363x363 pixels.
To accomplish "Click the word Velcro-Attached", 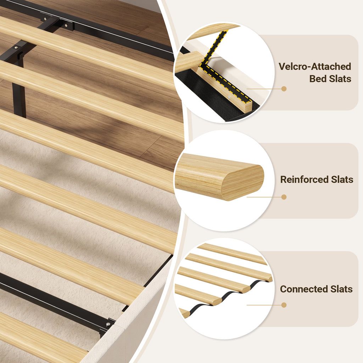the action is pos(315,66).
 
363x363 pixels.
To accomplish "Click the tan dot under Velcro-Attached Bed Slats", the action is pos(284,89).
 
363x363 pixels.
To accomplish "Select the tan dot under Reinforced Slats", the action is pos(284,197).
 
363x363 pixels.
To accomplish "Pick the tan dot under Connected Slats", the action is pos(284,305).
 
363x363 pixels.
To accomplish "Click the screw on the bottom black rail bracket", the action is pos(108,324).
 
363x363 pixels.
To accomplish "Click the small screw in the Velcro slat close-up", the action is pos(229,97).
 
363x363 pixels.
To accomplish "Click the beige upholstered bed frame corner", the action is pos(130,324).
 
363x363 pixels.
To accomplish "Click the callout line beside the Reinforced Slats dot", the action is pos(264,197).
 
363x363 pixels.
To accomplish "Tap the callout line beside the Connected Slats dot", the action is pos(264,305).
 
